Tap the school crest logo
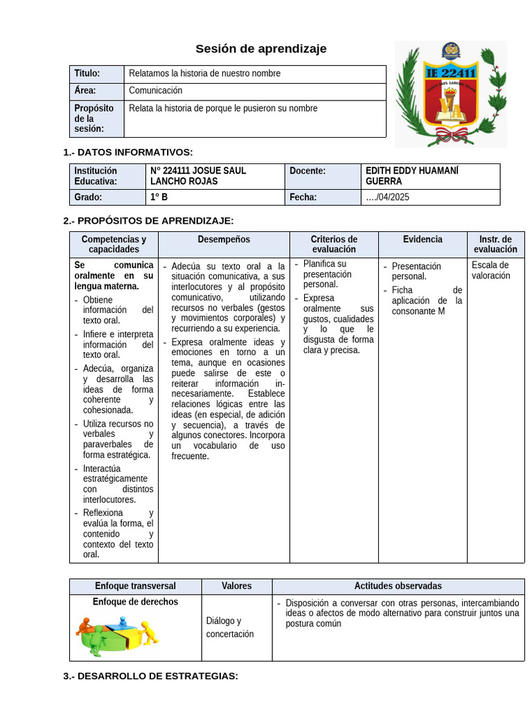pyautogui.click(x=450, y=93)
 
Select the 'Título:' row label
pyautogui.click(x=87, y=73)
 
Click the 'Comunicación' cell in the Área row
pyautogui.click(x=156, y=91)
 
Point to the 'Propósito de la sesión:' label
pyautogui.click(x=94, y=118)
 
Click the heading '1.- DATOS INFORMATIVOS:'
pyautogui.click(x=128, y=152)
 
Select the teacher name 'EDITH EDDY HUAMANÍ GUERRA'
pyautogui.click(x=412, y=176)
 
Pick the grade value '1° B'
pyautogui.click(x=159, y=197)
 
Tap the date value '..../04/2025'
pyautogui.click(x=387, y=197)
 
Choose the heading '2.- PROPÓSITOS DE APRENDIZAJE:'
pyautogui.click(x=148, y=221)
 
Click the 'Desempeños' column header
pyautogui.click(x=224, y=240)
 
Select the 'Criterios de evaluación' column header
pyautogui.click(x=334, y=244)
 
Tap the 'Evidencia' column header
pyautogui.click(x=423, y=240)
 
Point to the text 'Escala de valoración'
pyautogui.click(x=490, y=270)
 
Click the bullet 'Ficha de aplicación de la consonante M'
pyautogui.click(x=427, y=300)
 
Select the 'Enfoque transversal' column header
pyautogui.click(x=135, y=586)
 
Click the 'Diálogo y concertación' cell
pyautogui.click(x=230, y=627)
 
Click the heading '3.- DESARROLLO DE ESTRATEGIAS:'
pyautogui.click(x=150, y=676)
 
